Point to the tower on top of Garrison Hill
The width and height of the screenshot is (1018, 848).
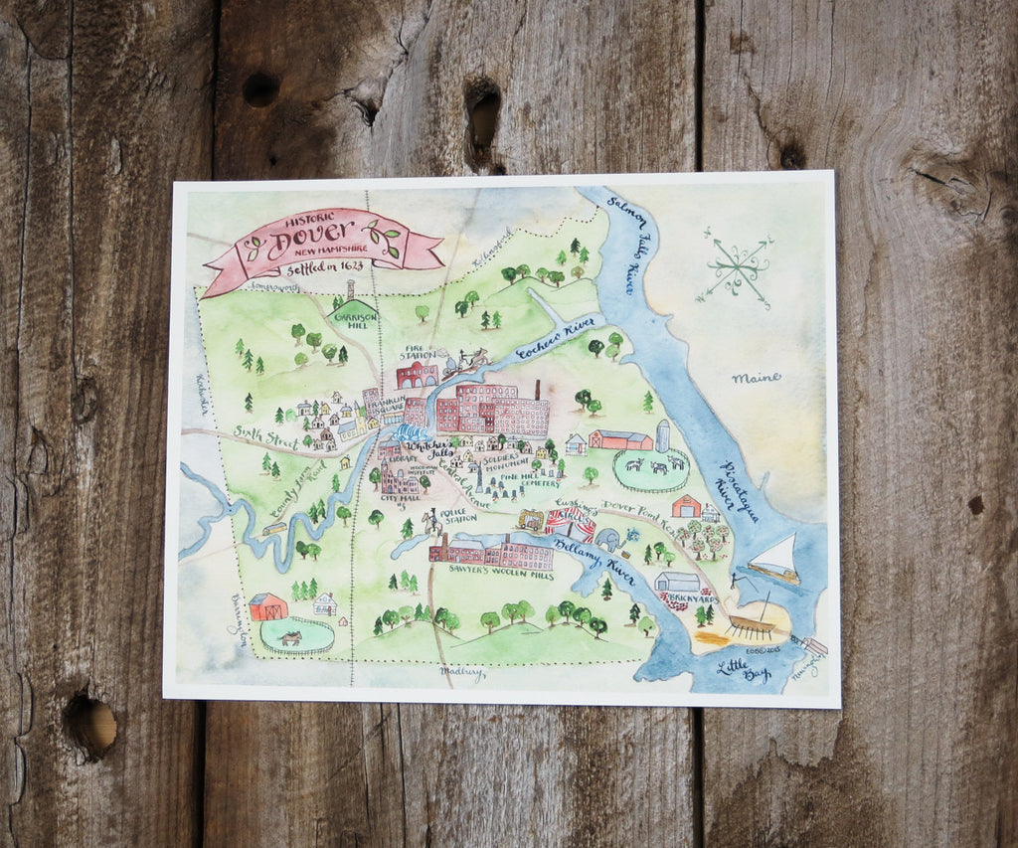(350, 289)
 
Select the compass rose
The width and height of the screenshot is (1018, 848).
(737, 267)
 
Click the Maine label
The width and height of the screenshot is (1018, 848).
(756, 378)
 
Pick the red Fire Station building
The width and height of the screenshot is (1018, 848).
(418, 375)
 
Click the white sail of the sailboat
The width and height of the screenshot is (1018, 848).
(779, 553)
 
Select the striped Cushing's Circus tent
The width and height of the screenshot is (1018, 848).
(570, 523)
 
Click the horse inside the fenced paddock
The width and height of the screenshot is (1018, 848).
(291, 637)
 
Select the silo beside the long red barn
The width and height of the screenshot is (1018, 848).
(663, 435)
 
